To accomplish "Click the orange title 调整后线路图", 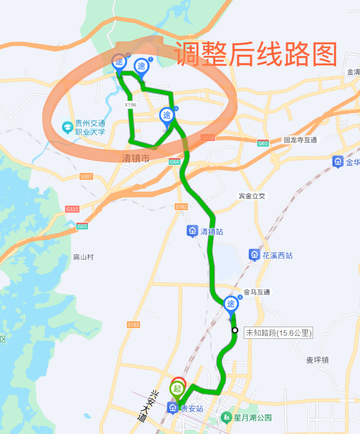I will click(256, 54).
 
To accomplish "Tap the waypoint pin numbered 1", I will click(141, 67).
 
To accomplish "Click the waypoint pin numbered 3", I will click(167, 115).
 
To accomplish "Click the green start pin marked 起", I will click(178, 388).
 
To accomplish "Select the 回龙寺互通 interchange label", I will click(300, 140).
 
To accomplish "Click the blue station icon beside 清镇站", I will click(193, 231).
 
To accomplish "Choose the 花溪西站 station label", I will click(277, 256).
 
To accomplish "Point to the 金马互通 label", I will click(257, 292).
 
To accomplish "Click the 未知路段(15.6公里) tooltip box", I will click(278, 334).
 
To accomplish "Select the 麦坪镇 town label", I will click(317, 360).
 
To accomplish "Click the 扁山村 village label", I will click(83, 257).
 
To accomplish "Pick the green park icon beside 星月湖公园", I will click(227, 417).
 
